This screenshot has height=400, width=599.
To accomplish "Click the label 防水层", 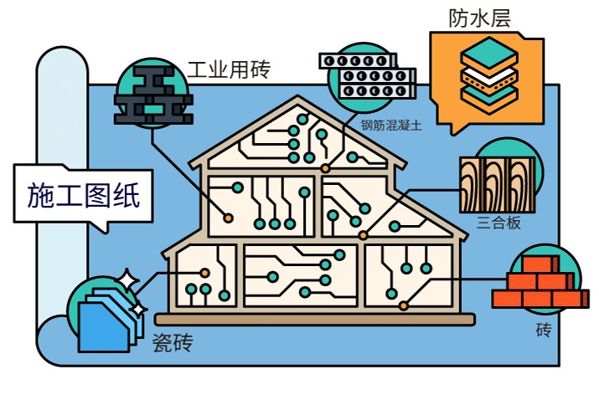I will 479,18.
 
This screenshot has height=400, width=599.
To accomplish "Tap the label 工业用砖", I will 228,68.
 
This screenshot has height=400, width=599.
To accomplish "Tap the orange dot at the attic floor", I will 325,168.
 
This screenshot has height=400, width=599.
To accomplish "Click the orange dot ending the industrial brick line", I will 229,218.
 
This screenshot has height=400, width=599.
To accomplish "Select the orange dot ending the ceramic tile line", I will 204,272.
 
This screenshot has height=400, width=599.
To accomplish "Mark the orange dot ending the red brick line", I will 404,305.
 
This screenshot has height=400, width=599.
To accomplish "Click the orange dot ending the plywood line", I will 363,235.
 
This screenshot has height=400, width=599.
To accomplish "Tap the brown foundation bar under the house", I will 314,320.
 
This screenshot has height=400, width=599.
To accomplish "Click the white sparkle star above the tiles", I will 127,279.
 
